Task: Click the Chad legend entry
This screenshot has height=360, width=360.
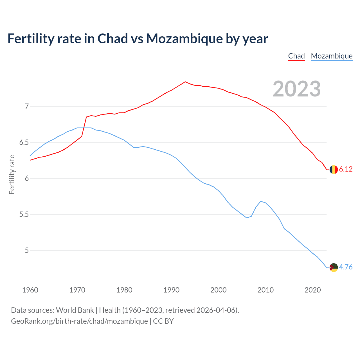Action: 296,56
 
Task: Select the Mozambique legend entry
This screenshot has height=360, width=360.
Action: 332,56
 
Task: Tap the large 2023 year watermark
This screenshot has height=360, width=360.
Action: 297,89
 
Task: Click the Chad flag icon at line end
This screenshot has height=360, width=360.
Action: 334,170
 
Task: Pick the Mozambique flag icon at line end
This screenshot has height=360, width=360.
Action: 334,267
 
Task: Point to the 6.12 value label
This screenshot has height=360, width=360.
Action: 346,169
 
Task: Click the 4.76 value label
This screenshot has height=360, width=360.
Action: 346,267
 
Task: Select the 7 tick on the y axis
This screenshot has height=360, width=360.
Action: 27,106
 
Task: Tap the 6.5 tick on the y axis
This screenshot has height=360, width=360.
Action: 24,142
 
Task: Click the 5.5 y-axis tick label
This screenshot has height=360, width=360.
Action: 24,214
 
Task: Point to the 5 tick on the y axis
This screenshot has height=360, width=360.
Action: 27,250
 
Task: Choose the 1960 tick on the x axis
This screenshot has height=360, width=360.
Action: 30,290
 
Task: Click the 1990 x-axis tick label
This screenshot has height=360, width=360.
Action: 171,290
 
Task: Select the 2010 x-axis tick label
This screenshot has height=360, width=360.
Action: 265,290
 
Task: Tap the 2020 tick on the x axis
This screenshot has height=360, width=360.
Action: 312,290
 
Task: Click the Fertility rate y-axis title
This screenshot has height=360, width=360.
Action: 12,174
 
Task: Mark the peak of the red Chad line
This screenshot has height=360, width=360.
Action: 185,82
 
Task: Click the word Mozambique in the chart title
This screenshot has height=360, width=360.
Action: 184,39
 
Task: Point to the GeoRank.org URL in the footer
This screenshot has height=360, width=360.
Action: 79,321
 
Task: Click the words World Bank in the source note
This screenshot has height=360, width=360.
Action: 75,310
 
